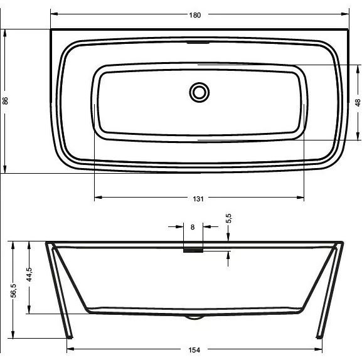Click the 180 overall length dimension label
point(195,15)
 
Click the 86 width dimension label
point(5,101)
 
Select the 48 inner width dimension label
point(357,102)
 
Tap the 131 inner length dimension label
point(198,199)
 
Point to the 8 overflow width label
point(193,227)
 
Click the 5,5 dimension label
point(228,218)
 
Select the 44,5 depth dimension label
point(29,275)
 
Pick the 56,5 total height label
point(14,290)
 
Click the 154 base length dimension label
point(194,350)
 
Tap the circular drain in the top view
point(200,92)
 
